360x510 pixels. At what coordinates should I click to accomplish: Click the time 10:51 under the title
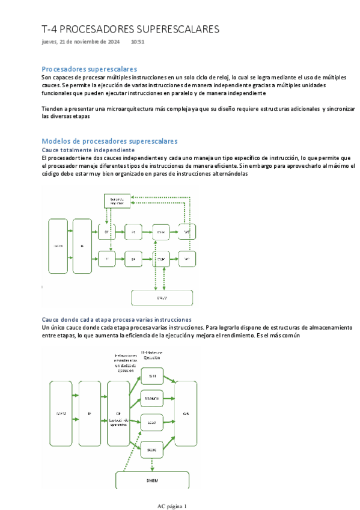[137, 42]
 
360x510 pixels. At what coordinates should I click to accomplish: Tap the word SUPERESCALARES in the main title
[172, 29]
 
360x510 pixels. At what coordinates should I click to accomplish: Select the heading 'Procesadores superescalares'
[89, 69]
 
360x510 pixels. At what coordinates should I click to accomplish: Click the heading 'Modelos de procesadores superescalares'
[109, 141]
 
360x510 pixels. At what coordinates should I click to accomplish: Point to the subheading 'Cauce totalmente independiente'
[88, 149]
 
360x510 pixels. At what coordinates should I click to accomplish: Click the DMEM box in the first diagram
[162, 298]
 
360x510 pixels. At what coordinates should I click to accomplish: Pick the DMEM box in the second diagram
[152, 479]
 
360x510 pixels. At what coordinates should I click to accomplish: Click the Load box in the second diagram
[153, 423]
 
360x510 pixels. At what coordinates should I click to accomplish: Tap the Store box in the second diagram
[153, 449]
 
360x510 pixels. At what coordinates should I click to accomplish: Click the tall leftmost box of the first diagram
[58, 246]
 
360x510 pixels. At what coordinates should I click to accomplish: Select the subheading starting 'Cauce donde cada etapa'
[117, 319]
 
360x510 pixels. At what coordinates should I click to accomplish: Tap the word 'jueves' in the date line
[50, 42]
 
